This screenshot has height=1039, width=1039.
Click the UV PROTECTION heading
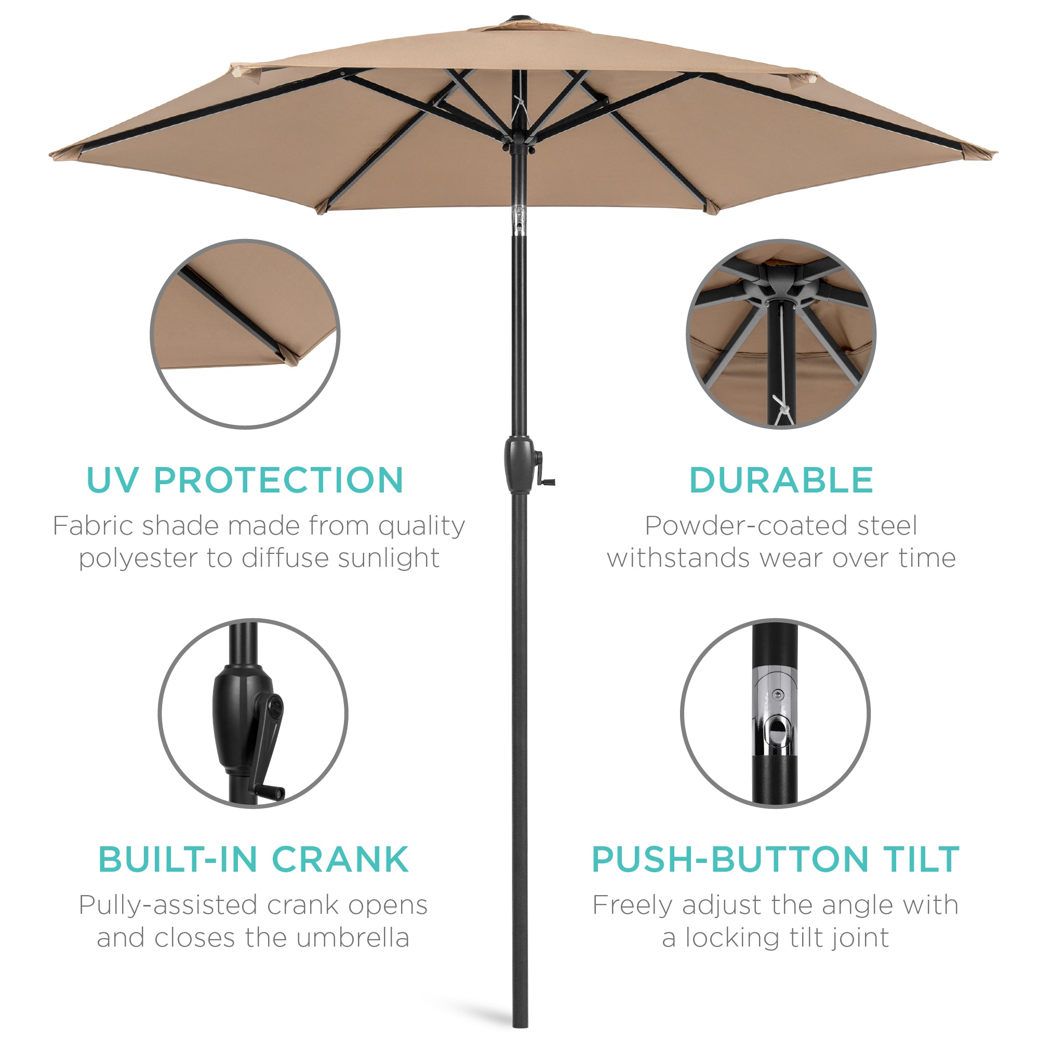(x=245, y=479)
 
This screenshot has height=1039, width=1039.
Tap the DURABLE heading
(x=781, y=479)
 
